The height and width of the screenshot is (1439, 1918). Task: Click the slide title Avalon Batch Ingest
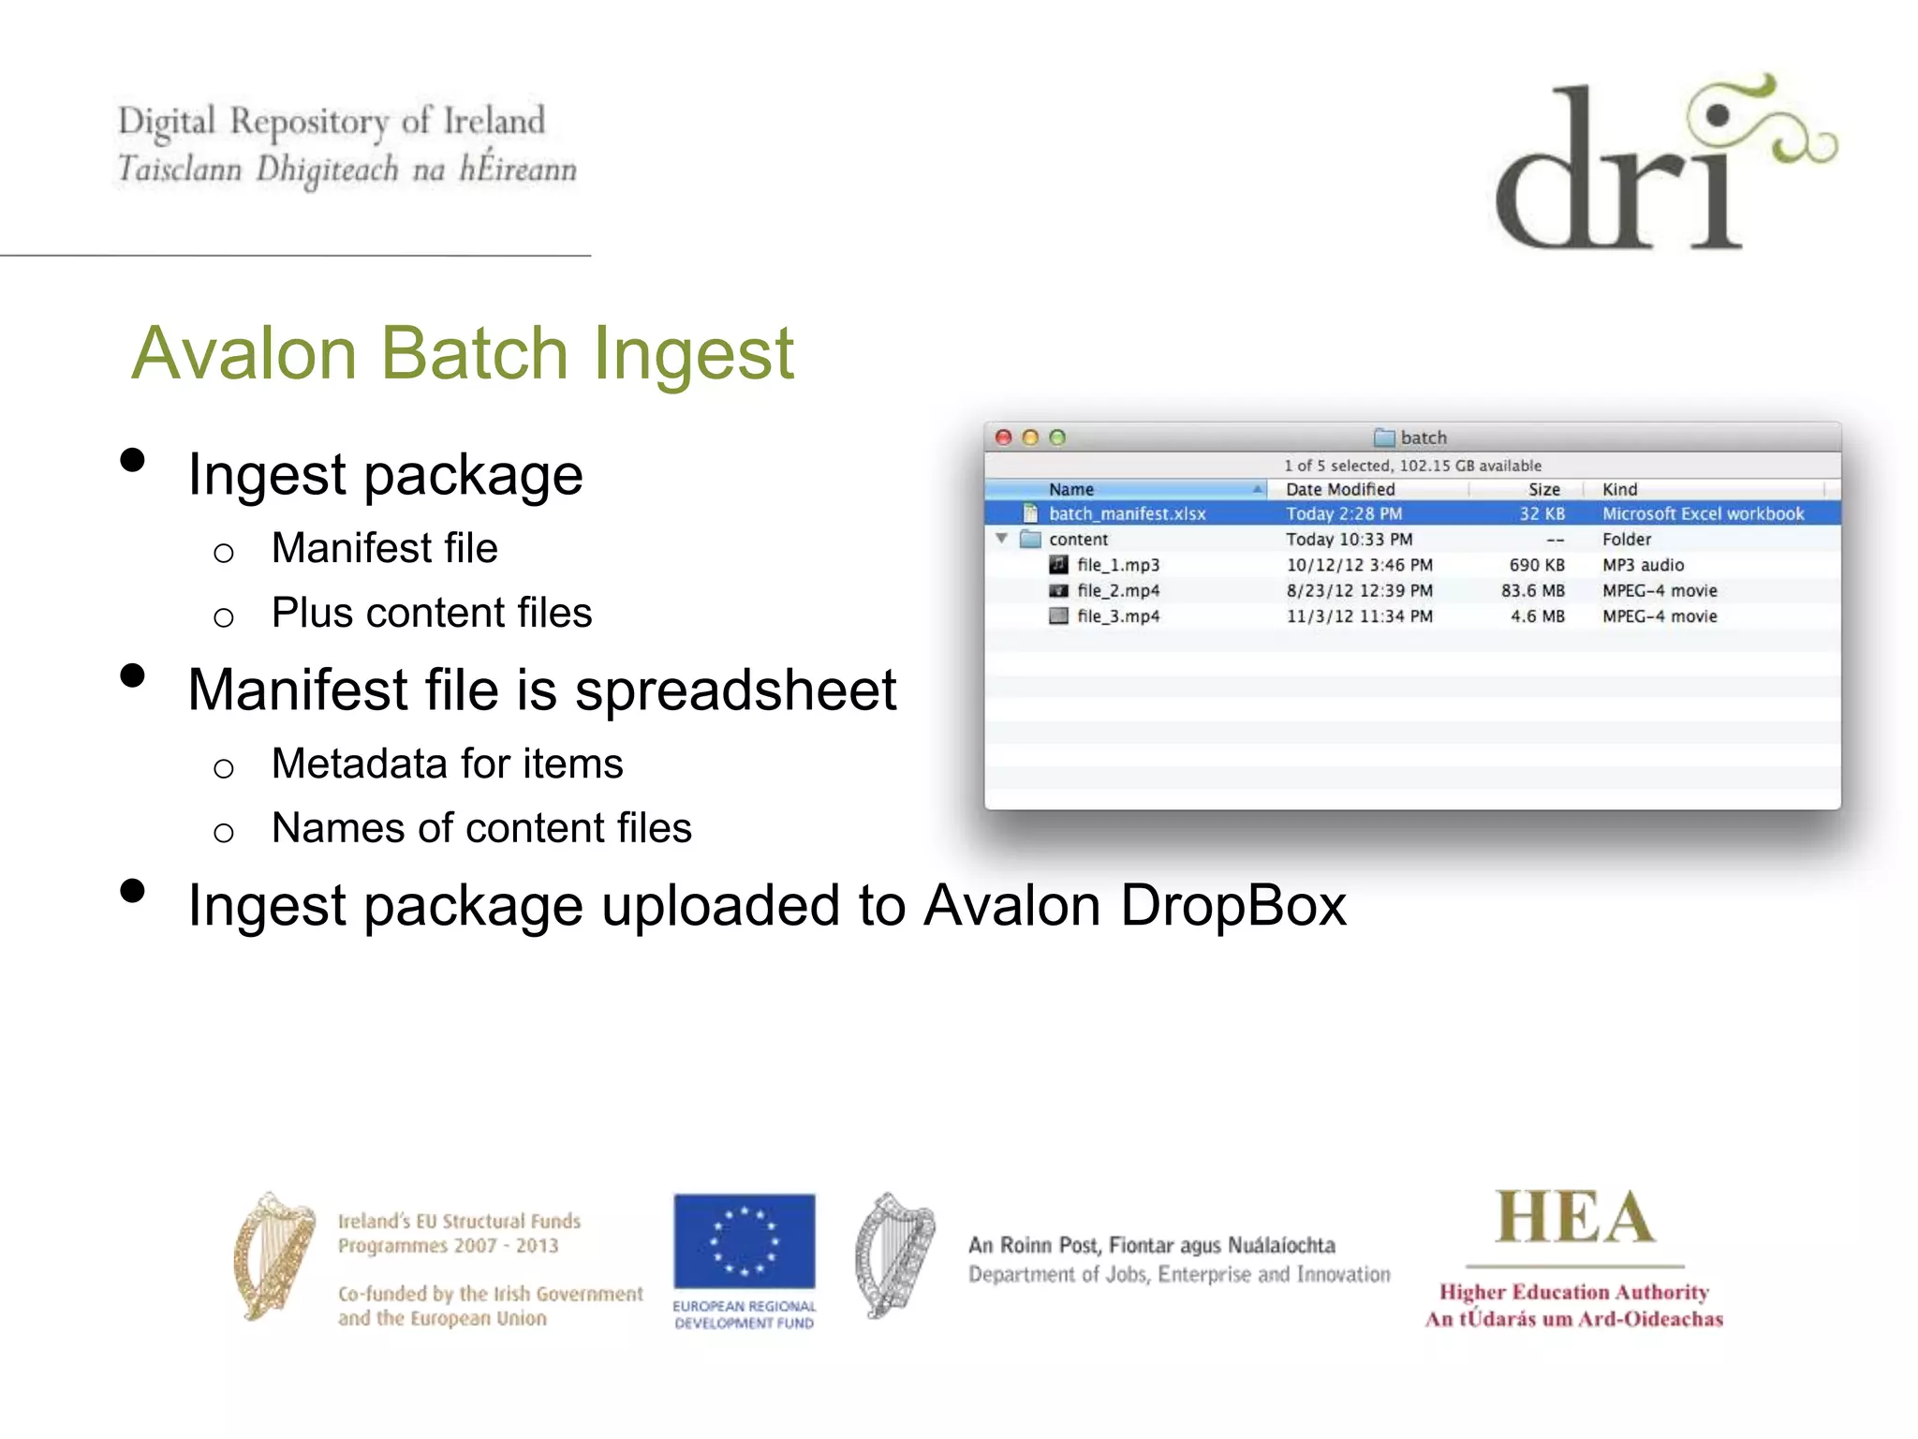click(x=463, y=354)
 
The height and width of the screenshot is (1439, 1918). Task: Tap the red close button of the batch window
click(x=1004, y=438)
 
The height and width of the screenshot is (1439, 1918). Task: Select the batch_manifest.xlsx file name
click(x=1127, y=513)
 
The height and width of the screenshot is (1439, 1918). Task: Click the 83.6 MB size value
click(x=1532, y=591)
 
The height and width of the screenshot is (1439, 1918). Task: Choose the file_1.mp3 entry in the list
click(x=1118, y=565)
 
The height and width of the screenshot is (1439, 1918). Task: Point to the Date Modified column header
click(x=1340, y=489)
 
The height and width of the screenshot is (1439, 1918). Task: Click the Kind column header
click(x=1619, y=489)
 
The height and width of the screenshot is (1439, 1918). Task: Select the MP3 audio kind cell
click(x=1643, y=565)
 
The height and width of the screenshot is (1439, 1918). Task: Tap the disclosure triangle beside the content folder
click(x=1001, y=539)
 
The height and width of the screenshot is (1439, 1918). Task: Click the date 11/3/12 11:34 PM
click(x=1359, y=616)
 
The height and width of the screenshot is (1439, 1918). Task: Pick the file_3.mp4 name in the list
click(x=1118, y=616)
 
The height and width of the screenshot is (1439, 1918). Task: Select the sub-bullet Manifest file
click(x=384, y=549)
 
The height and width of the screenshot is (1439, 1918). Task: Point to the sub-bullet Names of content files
click(x=481, y=829)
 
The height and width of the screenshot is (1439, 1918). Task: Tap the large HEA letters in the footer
click(x=1574, y=1219)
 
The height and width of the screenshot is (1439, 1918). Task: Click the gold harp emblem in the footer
click(x=273, y=1256)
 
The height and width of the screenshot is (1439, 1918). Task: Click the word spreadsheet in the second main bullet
click(x=735, y=691)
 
